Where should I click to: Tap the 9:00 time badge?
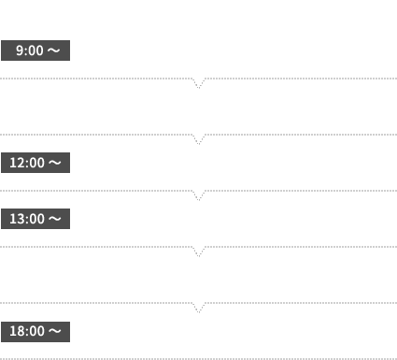pyautogui.click(x=35, y=50)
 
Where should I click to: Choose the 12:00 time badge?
pyautogui.click(x=35, y=163)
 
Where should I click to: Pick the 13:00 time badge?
pyautogui.click(x=35, y=219)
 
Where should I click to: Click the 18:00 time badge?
pyautogui.click(x=35, y=331)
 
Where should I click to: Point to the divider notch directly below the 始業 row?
pyautogui.click(x=198, y=82)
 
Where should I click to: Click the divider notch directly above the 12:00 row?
pyautogui.click(x=198, y=138)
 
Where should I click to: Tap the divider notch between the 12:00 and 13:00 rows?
pyautogui.click(x=198, y=194)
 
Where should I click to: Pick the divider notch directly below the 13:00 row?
pyautogui.click(x=198, y=251)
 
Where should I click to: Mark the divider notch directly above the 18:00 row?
pyautogui.click(x=198, y=307)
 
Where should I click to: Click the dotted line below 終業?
pyautogui.click(x=198, y=358)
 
